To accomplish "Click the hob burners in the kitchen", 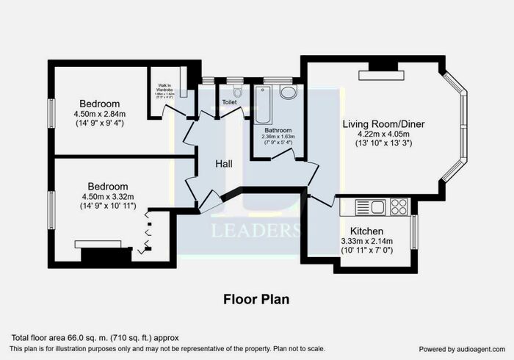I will point(399,206).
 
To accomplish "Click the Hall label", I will point(224,164).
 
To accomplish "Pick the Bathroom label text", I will point(278,130).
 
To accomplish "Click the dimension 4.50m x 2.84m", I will point(100,114).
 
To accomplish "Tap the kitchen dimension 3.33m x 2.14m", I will point(366,241).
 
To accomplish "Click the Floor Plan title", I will point(256,300).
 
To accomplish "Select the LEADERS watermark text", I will point(256,231).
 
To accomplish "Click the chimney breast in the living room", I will point(380,67).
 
